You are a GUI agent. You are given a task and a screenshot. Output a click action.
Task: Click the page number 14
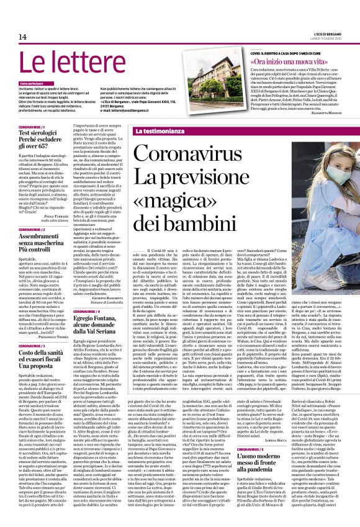pyautogui.click(x=22, y=37)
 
